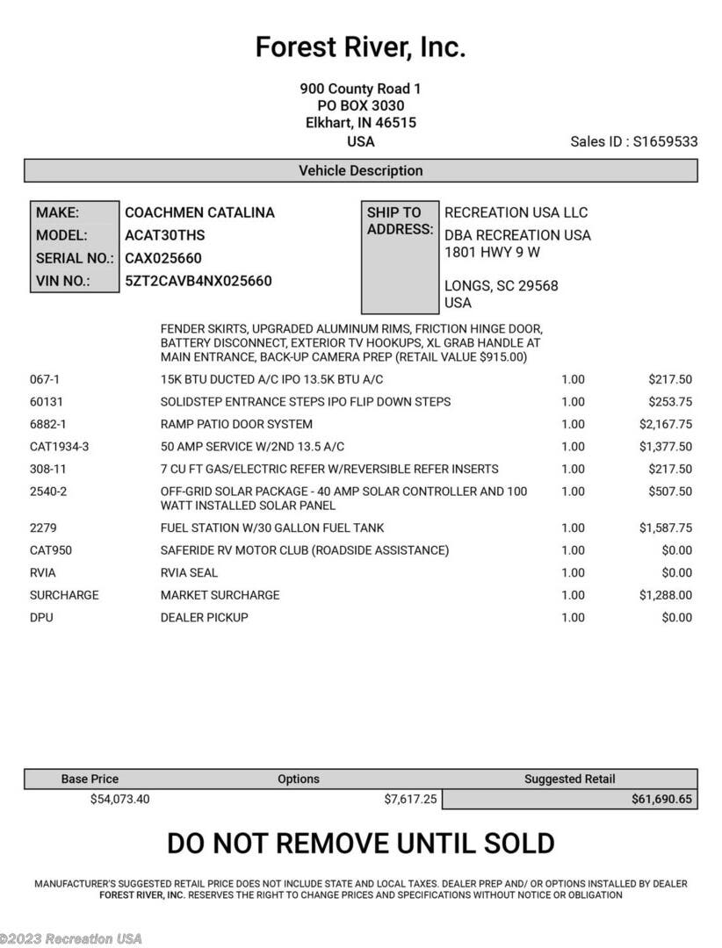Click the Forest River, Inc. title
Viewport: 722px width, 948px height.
coord(360,47)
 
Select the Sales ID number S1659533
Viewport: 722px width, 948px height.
coord(665,141)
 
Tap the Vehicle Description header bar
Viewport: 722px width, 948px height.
coord(360,170)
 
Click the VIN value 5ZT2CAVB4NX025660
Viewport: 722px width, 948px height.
coord(199,281)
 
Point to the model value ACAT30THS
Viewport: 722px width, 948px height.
coord(165,235)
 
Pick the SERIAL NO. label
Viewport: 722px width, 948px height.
coord(75,258)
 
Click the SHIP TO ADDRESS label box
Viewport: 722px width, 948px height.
coord(400,257)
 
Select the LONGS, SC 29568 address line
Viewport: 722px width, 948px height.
coord(501,285)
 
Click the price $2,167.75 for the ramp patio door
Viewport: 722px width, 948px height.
coord(665,424)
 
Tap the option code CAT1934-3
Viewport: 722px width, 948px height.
coord(59,447)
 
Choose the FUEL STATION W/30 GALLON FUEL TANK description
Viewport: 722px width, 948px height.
coord(271,528)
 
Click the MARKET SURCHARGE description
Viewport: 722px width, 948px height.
coord(220,594)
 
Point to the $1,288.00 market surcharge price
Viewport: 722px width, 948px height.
coord(665,594)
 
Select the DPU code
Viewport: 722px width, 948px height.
coord(41,617)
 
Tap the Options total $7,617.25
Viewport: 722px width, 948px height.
coord(410,799)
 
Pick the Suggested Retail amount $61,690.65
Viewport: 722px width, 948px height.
coord(661,799)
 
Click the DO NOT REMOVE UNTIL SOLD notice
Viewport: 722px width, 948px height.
coord(360,843)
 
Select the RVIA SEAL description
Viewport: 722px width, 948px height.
coord(189,572)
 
